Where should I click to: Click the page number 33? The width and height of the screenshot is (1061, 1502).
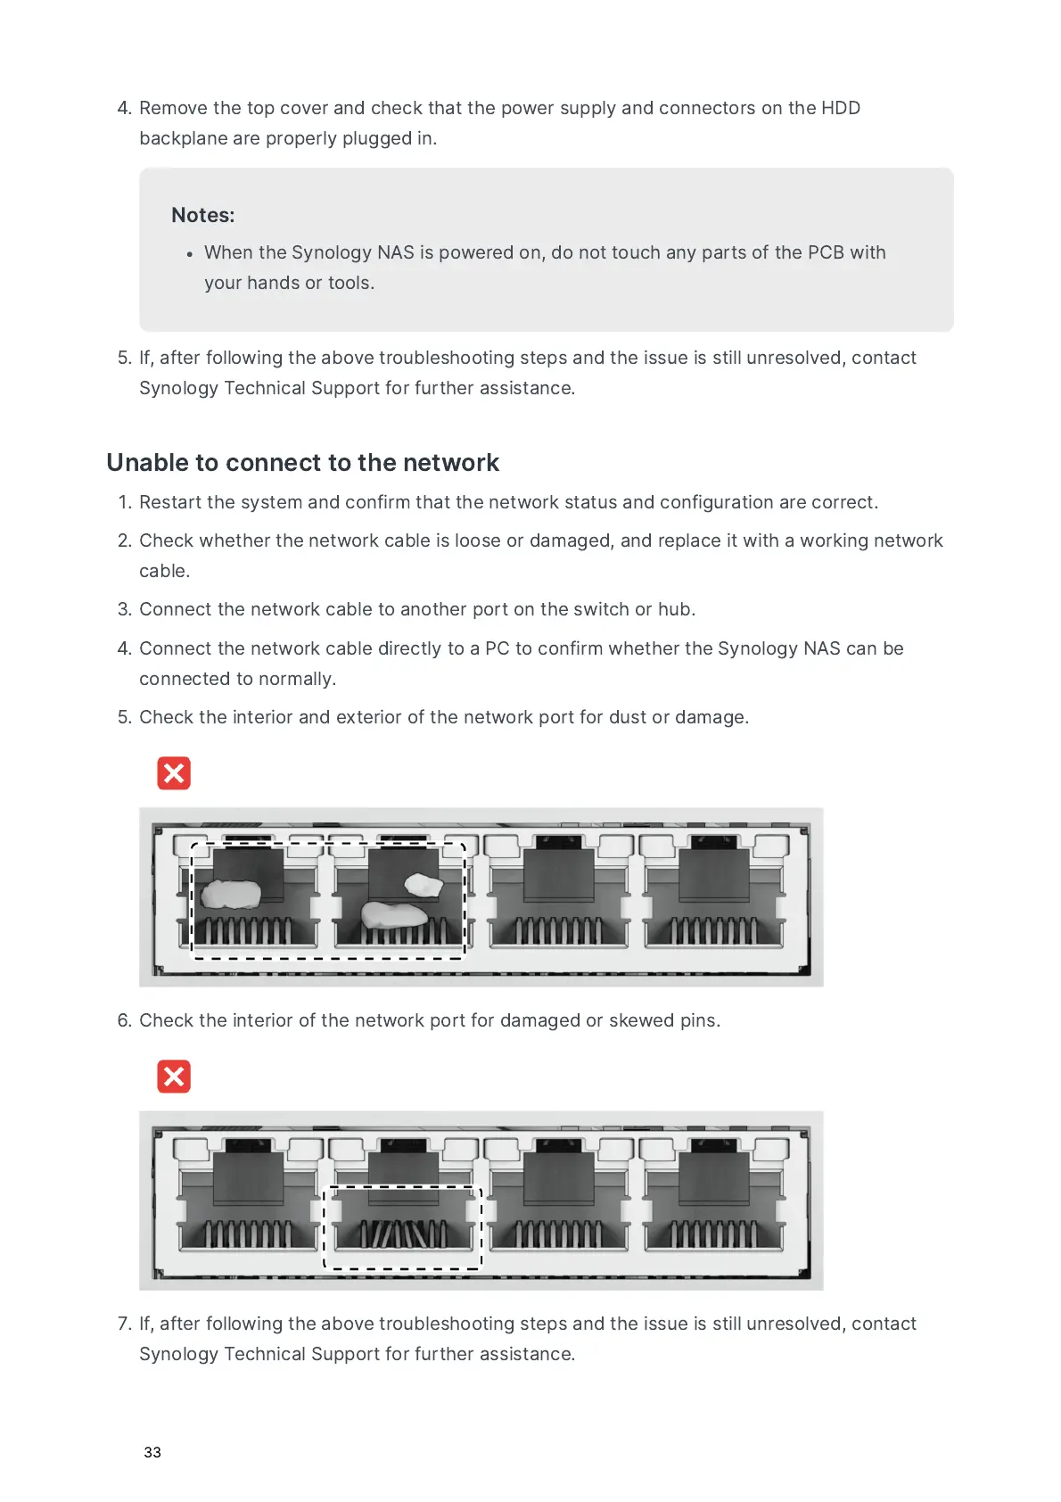[x=152, y=1452]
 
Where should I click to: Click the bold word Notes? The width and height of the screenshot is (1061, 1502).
[x=203, y=215]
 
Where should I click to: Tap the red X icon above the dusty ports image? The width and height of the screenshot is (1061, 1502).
[x=174, y=773]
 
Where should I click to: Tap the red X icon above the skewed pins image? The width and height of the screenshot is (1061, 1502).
[x=174, y=1077]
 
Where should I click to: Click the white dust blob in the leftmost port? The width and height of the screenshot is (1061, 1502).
[x=229, y=894]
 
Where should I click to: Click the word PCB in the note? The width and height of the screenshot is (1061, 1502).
[x=826, y=252]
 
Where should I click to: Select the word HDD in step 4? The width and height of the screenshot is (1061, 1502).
[x=841, y=108]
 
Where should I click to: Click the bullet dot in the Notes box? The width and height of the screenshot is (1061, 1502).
[x=189, y=254]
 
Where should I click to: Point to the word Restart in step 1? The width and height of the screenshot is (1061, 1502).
[x=170, y=502]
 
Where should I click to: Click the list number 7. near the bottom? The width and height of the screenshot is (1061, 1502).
[x=125, y=1324]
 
